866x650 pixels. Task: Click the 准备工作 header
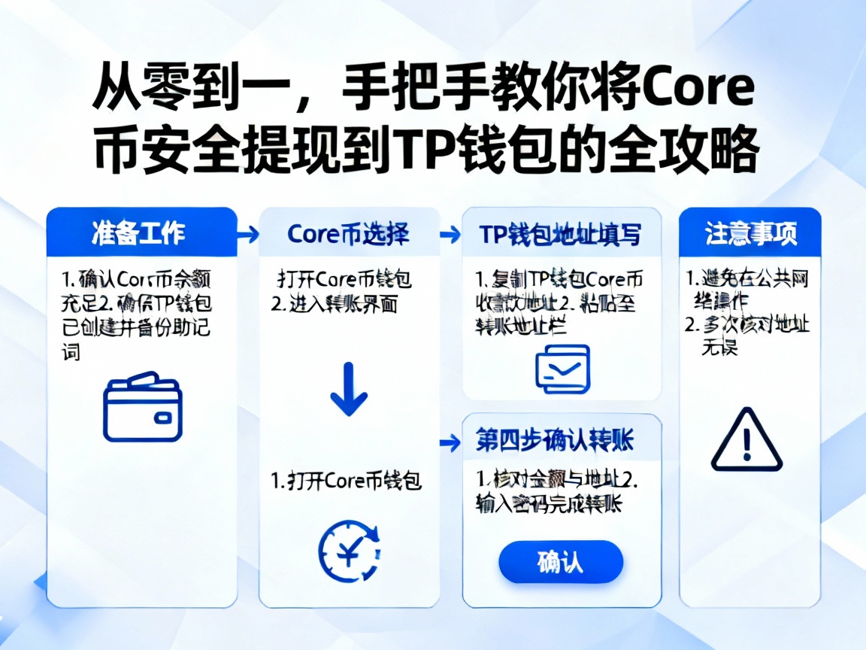(x=141, y=233)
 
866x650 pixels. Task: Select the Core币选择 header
(x=349, y=234)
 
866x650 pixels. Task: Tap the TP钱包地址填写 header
(x=561, y=234)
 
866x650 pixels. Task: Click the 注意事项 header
(x=749, y=233)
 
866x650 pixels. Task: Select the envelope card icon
(x=562, y=368)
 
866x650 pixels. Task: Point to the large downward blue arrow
(x=349, y=389)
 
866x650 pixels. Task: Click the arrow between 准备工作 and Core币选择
(x=247, y=235)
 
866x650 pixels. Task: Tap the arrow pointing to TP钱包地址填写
(x=450, y=235)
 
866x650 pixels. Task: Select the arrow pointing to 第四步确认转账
(x=450, y=441)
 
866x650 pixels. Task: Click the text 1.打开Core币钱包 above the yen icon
(x=347, y=481)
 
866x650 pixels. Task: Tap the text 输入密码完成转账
(x=549, y=504)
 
